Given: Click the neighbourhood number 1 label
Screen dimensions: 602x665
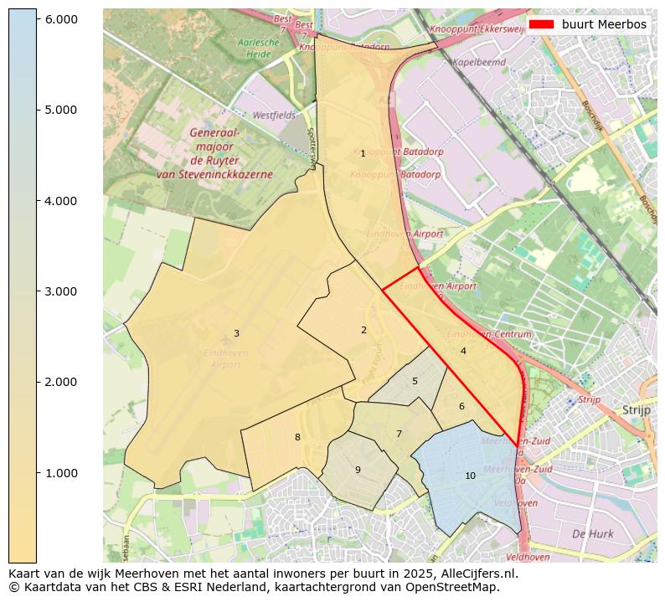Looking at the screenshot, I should point(363,154).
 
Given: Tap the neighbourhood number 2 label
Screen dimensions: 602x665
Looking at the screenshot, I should point(363,330).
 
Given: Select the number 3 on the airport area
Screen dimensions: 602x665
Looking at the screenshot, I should point(236,333).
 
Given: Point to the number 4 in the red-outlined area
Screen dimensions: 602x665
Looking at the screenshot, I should point(463,352).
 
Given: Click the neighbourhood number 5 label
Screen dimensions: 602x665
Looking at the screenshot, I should point(415,382).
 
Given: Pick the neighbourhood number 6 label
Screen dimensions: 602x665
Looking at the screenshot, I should point(461,407).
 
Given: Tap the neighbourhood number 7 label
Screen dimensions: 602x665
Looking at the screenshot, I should point(399,434).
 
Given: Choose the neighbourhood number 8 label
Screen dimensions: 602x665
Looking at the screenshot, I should point(297,437).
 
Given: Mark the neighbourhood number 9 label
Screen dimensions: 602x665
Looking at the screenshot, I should point(358,470).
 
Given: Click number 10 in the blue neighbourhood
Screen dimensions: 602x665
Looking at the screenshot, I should point(470,476).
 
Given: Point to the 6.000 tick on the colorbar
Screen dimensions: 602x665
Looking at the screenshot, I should point(59,19).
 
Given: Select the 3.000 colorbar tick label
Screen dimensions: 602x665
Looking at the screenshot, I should point(59,291).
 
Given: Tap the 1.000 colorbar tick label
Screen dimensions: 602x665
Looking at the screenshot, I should point(59,473).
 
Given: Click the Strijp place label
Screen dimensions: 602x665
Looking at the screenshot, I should point(637,410).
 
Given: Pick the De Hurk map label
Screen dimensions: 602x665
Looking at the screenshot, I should point(592,533).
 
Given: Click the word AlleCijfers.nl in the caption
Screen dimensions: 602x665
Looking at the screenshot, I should point(478,574).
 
